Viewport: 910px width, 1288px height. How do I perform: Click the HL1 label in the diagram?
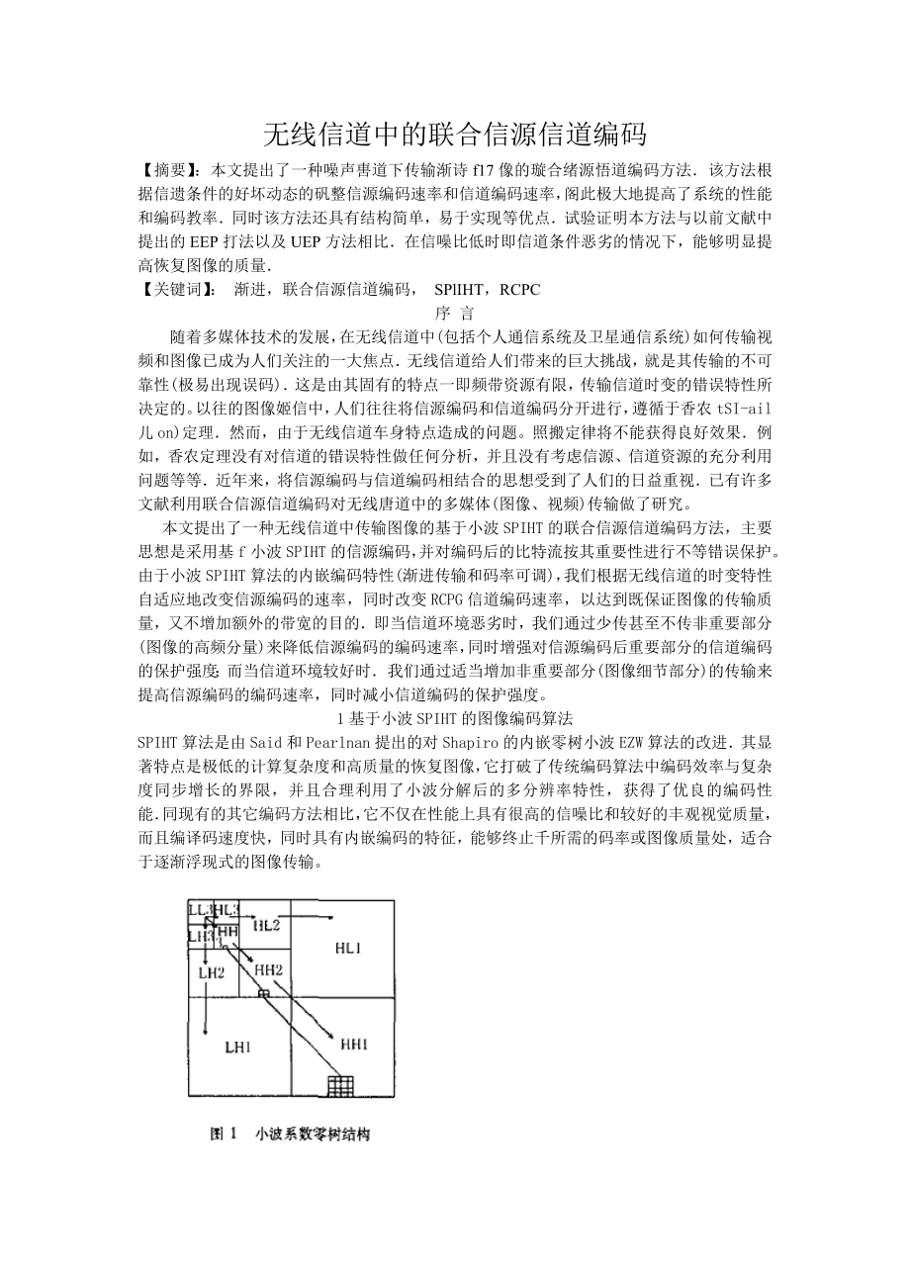tap(347, 948)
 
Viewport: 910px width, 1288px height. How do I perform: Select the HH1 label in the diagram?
tap(354, 1043)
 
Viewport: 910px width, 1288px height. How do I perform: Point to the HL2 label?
tap(266, 925)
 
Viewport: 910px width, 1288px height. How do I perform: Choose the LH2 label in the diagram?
tap(212, 972)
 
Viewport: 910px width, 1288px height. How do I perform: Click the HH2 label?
tap(269, 969)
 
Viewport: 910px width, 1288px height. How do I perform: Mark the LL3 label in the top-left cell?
tap(200, 909)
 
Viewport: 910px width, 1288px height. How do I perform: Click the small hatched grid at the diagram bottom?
tap(340, 1085)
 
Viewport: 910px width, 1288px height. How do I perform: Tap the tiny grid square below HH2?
tap(263, 993)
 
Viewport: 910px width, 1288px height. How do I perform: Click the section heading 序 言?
tap(454, 312)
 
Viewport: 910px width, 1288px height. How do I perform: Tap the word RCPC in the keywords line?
tap(519, 289)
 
